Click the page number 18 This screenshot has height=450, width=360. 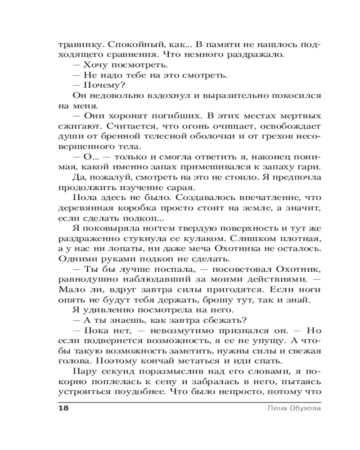63,409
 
